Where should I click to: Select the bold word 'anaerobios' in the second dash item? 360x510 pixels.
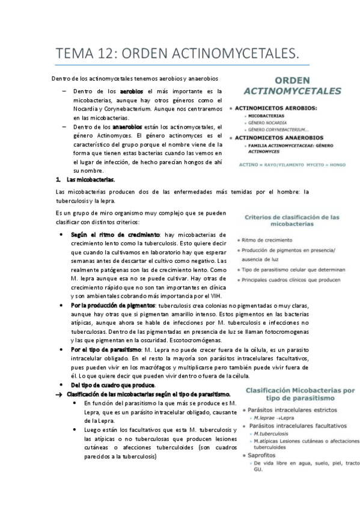127,127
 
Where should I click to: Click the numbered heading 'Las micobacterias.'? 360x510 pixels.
91,180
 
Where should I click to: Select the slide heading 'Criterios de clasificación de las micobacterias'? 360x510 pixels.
293,220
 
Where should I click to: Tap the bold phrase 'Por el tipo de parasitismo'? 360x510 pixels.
106,349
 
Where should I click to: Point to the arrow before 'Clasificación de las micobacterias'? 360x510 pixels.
58,394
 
